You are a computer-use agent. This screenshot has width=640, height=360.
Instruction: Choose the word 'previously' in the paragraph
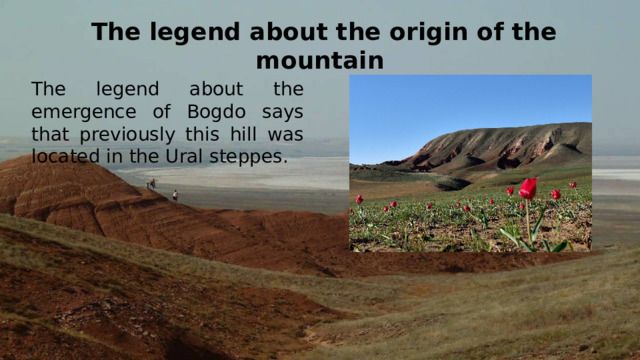[x=112, y=134]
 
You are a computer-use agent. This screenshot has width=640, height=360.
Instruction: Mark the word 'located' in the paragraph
[x=69, y=157]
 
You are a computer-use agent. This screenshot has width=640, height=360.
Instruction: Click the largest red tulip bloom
[x=528, y=188]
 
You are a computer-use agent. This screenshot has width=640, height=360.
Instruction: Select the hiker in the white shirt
[x=175, y=195]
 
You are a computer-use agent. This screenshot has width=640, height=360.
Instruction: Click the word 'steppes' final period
[x=286, y=160]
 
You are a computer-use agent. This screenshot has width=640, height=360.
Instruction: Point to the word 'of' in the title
[x=482, y=31]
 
